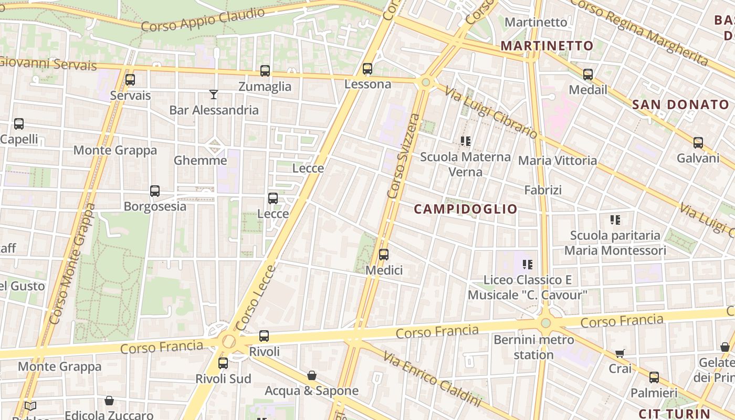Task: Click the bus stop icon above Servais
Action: pos(130,80)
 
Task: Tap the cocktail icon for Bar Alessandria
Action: pos(214,94)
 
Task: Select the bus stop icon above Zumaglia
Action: pos(265,70)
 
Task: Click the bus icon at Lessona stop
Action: pos(367,69)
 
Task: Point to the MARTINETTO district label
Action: pos(547,46)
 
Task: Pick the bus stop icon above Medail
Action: pos(588,75)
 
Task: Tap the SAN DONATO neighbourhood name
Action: pos(681,104)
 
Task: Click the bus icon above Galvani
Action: pos(698,143)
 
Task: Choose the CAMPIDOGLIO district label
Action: pos(466,209)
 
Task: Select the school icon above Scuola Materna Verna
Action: pos(465,141)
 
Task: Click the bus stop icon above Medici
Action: pos(384,255)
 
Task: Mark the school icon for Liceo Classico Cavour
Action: pos(528,265)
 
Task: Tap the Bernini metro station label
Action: pos(534,347)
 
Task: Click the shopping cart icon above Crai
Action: pos(620,353)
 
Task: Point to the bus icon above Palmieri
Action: pos(654,377)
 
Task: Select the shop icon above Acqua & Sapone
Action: pos(312,375)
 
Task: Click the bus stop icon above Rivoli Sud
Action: pos(223,363)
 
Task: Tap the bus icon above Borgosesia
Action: pos(155,191)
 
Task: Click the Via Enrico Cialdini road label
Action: pos(432,379)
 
